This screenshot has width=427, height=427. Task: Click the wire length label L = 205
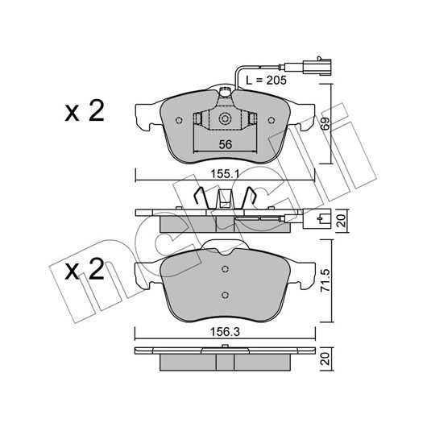click(x=266, y=80)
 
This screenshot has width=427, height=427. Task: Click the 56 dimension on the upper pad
click(x=226, y=144)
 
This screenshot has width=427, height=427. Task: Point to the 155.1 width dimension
click(x=225, y=174)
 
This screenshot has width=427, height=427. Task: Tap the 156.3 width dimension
click(x=225, y=332)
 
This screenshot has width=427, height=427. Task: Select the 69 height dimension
click(x=325, y=123)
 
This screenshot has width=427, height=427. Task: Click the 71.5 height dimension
click(x=325, y=280)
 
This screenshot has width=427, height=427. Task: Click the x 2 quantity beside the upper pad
click(x=85, y=111)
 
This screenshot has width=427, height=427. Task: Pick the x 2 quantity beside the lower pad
click(x=85, y=269)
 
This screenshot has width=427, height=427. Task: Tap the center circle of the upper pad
click(x=225, y=118)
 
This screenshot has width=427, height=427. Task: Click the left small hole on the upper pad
click(x=179, y=120)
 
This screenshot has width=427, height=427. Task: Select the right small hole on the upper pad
click(x=272, y=120)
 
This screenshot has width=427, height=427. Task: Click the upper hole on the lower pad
click(x=225, y=269)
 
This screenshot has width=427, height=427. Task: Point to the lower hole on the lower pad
click(x=225, y=295)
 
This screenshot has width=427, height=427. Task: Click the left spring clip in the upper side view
click(x=201, y=198)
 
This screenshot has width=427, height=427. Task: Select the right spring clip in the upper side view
click(x=248, y=198)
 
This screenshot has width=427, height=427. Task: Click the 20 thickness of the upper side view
click(x=342, y=221)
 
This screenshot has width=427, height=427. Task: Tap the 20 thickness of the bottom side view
click(x=325, y=359)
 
